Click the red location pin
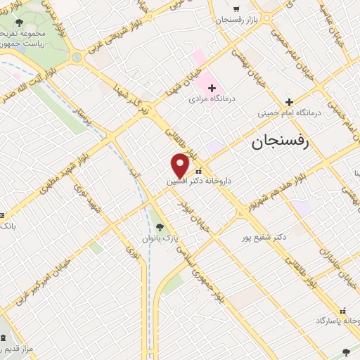pos(180,166)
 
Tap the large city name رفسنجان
pos(281,143)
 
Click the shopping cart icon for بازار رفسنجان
pos(236,9)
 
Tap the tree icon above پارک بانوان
pos(160,227)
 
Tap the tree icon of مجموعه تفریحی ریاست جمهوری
pos(19,22)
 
